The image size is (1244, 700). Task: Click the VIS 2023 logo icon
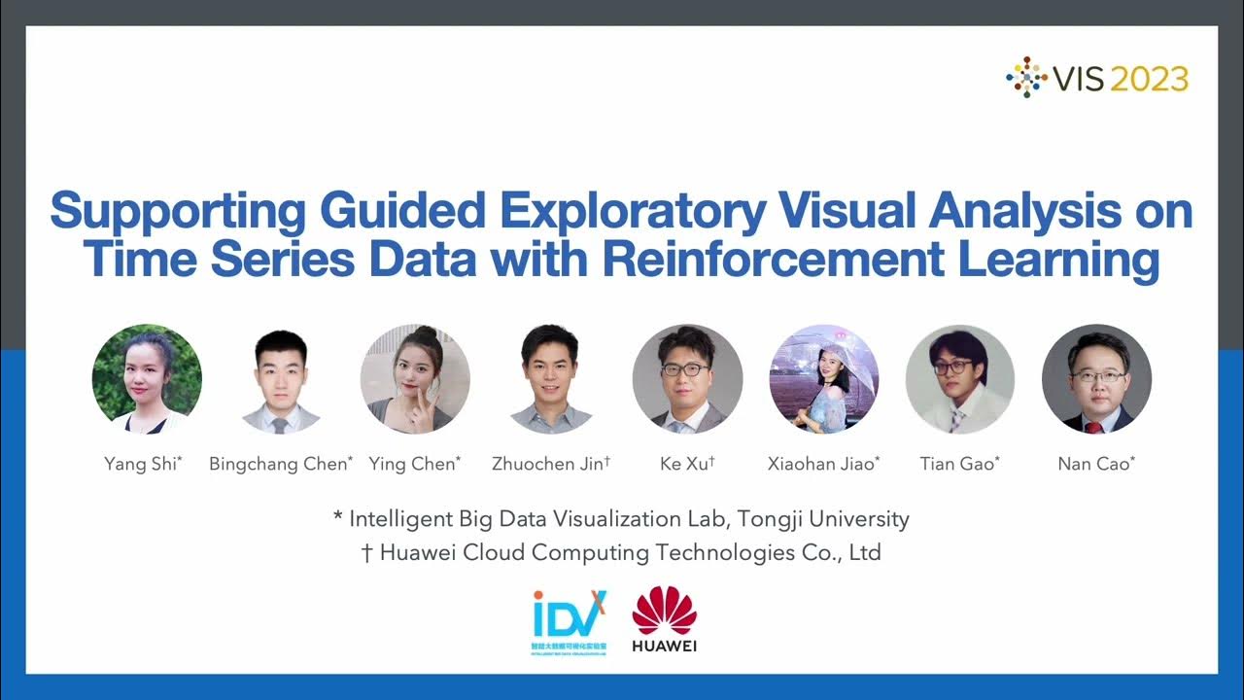pos(1026,77)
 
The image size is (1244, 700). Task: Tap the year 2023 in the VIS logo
pos(1149,79)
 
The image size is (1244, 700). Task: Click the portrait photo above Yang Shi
pos(147,378)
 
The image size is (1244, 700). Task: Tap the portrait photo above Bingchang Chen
pos(281,380)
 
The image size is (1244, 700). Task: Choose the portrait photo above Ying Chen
pos(415,378)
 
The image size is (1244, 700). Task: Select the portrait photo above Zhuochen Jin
pos(551,378)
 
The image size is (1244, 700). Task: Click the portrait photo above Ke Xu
pos(687,378)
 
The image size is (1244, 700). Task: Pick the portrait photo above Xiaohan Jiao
pos(824,378)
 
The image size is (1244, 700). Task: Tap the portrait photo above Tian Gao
pos(959,378)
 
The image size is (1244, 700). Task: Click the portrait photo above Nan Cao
pos(1096,378)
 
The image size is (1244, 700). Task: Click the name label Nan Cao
pos(1094,464)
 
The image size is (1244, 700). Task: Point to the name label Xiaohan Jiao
pos(822,464)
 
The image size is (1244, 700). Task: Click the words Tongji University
pos(832,519)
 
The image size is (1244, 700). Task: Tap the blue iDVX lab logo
pos(570,620)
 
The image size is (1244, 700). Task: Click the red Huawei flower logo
pos(665,611)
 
